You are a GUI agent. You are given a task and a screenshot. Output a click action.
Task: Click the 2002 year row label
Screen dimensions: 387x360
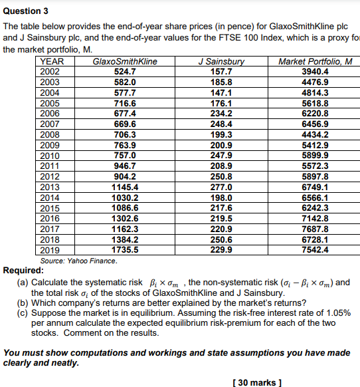tap(50, 70)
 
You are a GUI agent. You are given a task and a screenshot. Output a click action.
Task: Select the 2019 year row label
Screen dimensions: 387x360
tap(50, 250)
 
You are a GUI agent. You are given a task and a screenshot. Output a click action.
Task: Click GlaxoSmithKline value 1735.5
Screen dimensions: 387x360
tap(125, 250)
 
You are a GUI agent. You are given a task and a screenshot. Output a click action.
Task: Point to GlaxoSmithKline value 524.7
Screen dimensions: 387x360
tap(125, 70)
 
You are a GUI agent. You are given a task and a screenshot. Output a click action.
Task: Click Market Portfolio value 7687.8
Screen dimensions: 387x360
tap(315, 229)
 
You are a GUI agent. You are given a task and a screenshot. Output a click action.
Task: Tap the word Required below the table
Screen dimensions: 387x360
tap(23, 271)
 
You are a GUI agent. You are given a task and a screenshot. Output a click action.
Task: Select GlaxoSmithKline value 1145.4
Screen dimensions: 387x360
tap(125, 187)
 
